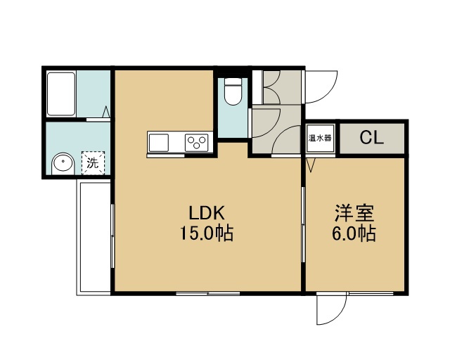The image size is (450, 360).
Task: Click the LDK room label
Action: click(x=206, y=213)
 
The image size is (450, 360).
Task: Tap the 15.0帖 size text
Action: click(x=206, y=233)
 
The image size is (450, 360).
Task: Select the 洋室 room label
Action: click(x=354, y=213)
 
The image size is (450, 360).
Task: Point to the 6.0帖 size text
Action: click(x=354, y=233)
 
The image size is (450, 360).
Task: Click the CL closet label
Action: click(x=372, y=138)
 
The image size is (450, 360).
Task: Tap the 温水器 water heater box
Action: click(x=320, y=138)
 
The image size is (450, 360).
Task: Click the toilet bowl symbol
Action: click(x=233, y=91)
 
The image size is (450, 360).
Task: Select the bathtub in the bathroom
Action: click(x=61, y=94)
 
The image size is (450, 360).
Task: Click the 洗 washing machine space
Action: click(x=93, y=163)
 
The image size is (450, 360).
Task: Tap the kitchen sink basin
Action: click(x=159, y=143)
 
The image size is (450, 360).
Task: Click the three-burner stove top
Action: click(x=197, y=143)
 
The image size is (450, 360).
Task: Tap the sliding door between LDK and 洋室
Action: click(x=303, y=224)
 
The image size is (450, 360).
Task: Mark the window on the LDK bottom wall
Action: click(x=208, y=293)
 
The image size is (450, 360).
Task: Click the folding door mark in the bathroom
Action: click(x=106, y=112)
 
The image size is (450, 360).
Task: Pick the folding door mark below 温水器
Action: click(x=310, y=165)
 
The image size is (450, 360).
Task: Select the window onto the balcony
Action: click(x=112, y=236)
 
